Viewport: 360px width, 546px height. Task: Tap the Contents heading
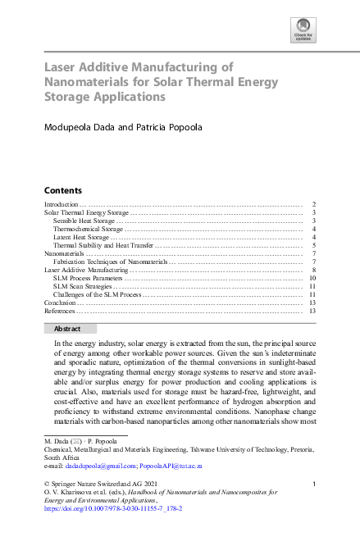point(62,189)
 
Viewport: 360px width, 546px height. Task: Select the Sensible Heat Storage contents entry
point(84,221)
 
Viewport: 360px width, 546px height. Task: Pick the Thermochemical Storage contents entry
point(88,229)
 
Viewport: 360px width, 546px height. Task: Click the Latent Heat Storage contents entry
point(80,237)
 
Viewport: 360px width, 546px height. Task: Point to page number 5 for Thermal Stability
point(314,245)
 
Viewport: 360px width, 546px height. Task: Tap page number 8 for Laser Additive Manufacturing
point(314,270)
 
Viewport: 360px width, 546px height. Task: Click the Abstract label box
point(68,328)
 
